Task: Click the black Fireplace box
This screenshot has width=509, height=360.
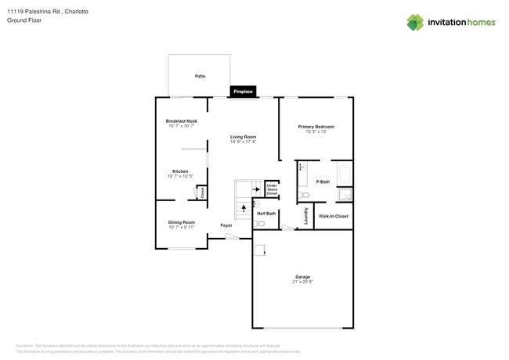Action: tap(244, 92)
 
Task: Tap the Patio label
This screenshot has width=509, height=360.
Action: tap(200, 76)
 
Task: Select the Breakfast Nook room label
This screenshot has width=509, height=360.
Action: tap(181, 121)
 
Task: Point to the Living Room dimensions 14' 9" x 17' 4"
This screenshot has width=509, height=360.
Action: tap(243, 142)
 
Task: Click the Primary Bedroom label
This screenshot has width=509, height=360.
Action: tap(316, 126)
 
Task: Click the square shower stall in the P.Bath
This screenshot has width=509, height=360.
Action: tap(345, 195)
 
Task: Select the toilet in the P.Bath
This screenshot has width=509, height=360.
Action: tap(305, 195)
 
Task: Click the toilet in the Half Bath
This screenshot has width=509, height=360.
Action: tap(262, 223)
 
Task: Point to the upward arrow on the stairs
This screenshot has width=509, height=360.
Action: tap(243, 208)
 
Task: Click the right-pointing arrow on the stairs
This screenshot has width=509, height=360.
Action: tap(255, 189)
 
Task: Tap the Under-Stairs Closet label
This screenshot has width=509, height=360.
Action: tap(272, 189)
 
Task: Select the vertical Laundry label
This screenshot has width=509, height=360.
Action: tap(305, 217)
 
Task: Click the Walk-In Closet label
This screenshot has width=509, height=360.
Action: tap(334, 216)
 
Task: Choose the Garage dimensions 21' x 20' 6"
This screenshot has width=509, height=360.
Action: tap(302, 281)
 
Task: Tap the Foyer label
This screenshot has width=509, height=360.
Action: tap(226, 225)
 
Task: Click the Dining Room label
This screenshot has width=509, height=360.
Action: tap(181, 222)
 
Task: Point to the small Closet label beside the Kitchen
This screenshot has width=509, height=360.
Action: tap(202, 192)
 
